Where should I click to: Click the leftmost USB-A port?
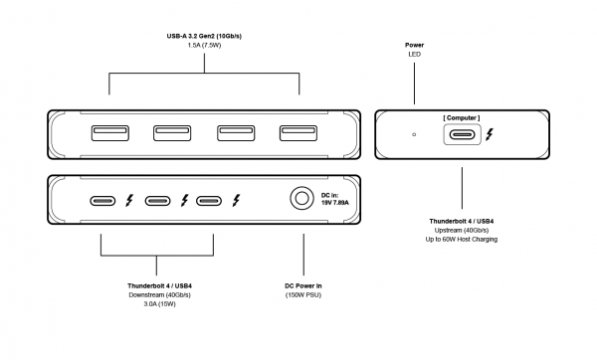click(110, 133)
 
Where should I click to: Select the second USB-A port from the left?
click(172, 133)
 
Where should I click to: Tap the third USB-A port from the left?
click(236, 133)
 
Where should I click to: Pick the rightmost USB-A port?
click(298, 133)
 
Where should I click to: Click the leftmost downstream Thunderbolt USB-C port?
click(102, 201)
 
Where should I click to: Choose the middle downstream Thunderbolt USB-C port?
click(157, 201)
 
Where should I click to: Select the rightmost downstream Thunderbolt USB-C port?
click(209, 201)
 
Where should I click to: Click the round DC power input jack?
click(301, 198)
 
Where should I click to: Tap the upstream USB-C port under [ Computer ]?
click(463, 134)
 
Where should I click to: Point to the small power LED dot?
click(414, 134)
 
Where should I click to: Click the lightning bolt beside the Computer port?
click(490, 134)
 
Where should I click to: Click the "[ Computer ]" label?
click(462, 118)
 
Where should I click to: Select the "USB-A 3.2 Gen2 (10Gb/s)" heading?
click(204, 36)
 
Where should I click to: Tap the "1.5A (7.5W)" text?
click(204, 46)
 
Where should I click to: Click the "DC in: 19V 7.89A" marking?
click(335, 199)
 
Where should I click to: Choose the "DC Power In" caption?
click(303, 285)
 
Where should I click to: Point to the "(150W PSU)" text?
click(303, 295)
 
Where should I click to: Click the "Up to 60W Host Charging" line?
click(462, 240)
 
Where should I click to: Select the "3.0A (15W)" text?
click(159, 304)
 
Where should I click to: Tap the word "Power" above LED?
click(414, 45)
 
